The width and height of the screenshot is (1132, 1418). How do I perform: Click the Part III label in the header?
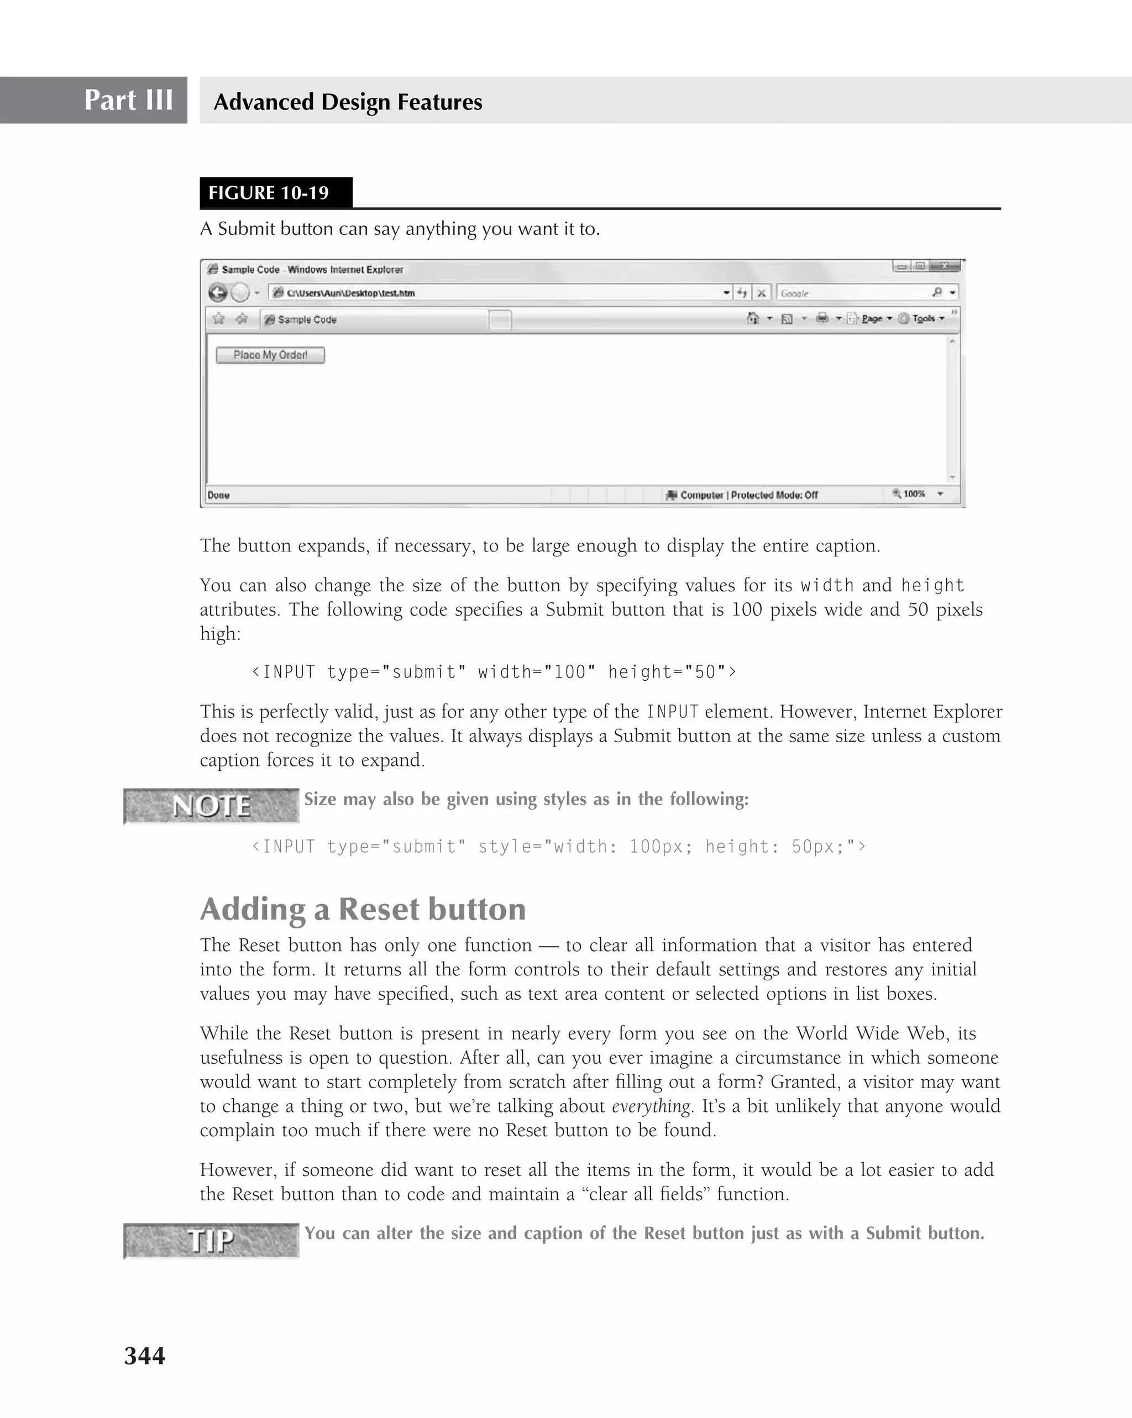pyautogui.click(x=128, y=100)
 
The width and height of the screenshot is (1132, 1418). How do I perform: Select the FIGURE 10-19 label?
pyautogui.click(x=269, y=193)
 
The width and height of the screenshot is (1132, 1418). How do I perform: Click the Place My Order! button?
pyautogui.click(x=270, y=355)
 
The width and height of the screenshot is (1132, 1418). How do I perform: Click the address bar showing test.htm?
pyautogui.click(x=500, y=293)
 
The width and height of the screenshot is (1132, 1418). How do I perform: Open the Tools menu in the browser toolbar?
pyautogui.click(x=924, y=318)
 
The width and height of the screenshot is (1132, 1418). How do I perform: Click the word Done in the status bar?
pyautogui.click(x=218, y=495)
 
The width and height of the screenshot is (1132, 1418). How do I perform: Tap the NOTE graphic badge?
pyautogui.click(x=211, y=806)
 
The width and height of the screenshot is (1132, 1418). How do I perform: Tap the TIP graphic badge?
pyautogui.click(x=211, y=1241)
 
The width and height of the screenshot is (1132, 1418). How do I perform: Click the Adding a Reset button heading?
pyautogui.click(x=363, y=909)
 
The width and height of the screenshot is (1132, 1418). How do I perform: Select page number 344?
pyautogui.click(x=145, y=1356)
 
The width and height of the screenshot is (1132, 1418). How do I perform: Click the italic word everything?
pyautogui.click(x=651, y=1106)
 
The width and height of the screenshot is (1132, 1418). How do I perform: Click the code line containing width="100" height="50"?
pyautogui.click(x=494, y=672)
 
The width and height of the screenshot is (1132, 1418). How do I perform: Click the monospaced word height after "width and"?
pyautogui.click(x=932, y=585)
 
